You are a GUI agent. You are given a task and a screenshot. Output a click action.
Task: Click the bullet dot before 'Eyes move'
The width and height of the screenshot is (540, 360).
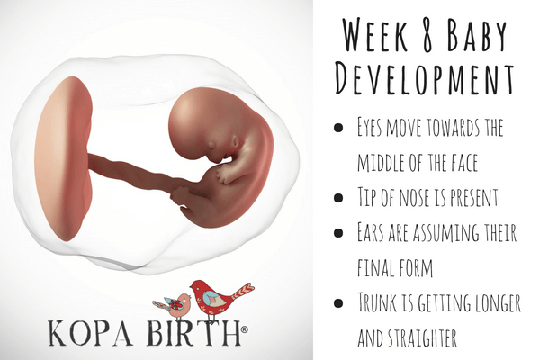pos(338,129)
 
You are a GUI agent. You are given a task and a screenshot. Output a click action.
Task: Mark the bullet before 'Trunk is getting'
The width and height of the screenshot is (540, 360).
pos(338,301)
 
